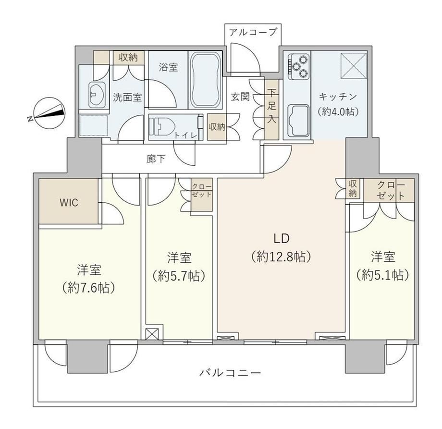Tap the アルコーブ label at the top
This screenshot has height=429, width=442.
[253, 32]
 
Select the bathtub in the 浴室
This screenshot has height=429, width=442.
[205, 80]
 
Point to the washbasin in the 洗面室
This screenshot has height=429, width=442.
[97, 95]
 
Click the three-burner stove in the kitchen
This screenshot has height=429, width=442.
[298, 66]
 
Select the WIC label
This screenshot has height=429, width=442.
[69, 203]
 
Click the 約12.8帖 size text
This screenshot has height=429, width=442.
[282, 257]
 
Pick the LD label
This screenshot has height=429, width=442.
[282, 238]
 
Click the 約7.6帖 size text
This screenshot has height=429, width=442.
[89, 287]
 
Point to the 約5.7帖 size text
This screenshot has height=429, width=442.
[179, 276]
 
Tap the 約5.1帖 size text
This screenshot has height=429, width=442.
[382, 274]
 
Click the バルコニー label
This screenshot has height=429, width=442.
[230, 373]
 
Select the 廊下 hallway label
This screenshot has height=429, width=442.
[156, 159]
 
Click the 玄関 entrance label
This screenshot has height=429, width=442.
[240, 97]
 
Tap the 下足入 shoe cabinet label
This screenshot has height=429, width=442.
[271, 106]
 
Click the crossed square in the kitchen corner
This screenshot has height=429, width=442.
[354, 66]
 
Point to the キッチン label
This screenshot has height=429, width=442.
[338, 97]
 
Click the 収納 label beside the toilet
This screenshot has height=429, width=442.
[217, 127]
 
